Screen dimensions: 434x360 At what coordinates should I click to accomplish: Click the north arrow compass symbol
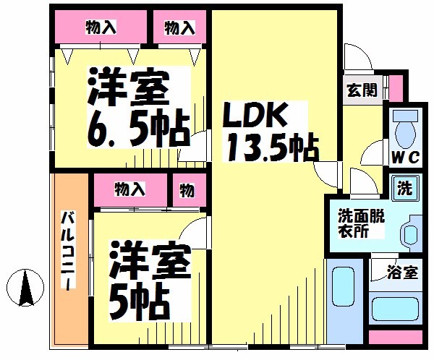click(x=25, y=288)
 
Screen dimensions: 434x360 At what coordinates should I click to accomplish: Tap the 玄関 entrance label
click(x=362, y=90)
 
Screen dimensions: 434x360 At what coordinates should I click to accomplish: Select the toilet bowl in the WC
click(x=406, y=130)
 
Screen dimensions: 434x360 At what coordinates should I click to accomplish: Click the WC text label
click(x=406, y=158)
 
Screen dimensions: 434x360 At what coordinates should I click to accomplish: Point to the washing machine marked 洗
click(x=405, y=188)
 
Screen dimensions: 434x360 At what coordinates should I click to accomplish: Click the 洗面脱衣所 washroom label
click(x=361, y=224)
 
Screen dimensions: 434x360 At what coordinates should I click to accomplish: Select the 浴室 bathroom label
click(x=402, y=272)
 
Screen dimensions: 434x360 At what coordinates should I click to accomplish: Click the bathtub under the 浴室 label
click(x=395, y=309)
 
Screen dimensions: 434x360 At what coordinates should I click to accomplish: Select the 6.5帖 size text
click(x=139, y=129)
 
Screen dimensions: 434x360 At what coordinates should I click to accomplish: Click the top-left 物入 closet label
click(x=101, y=27)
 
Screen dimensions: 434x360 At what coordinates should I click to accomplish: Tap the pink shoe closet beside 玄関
click(x=396, y=88)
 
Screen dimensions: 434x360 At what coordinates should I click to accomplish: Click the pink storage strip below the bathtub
click(x=396, y=337)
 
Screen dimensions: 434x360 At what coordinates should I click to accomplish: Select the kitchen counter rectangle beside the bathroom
click(x=344, y=301)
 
